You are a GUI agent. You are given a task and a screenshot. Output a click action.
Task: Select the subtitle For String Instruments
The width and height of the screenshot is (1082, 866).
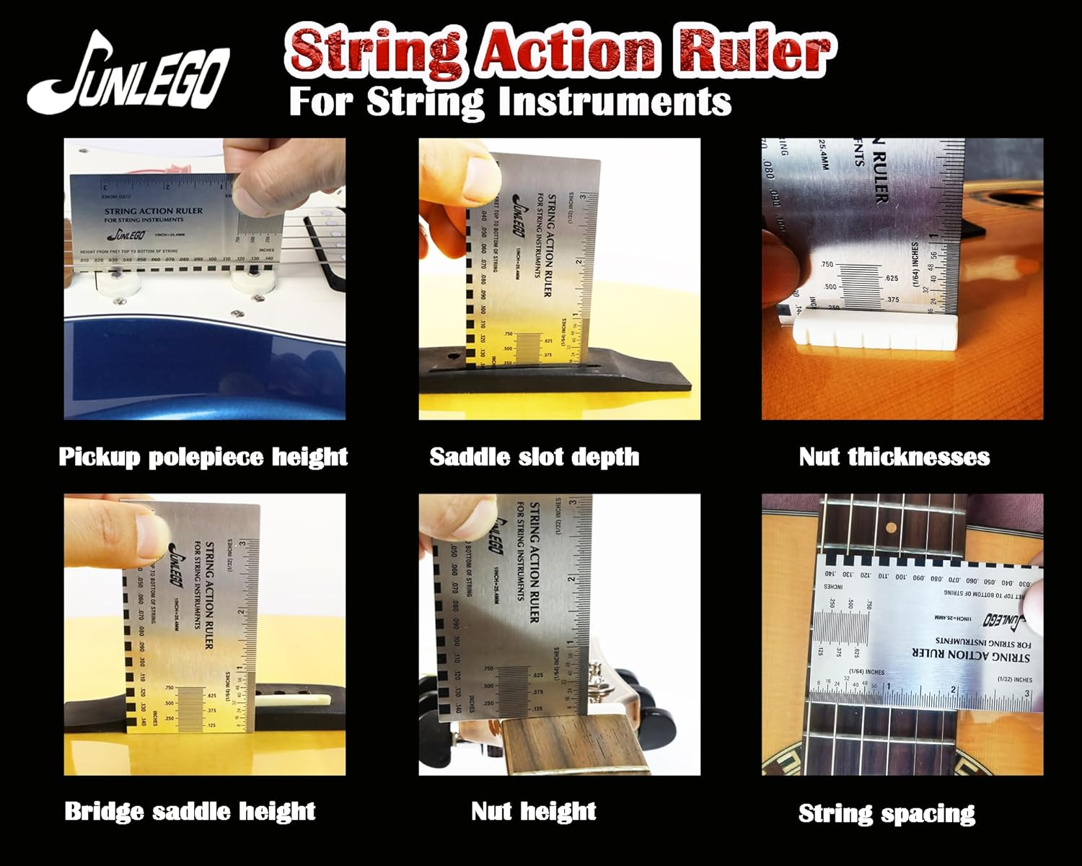(x=510, y=101)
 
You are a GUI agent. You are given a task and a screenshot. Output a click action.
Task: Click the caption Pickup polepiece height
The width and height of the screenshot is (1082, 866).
(x=203, y=457)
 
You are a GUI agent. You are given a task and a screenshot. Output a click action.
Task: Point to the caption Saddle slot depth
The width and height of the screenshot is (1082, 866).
(x=534, y=457)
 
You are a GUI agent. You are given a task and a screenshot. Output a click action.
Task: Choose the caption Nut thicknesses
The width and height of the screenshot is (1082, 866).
(x=894, y=457)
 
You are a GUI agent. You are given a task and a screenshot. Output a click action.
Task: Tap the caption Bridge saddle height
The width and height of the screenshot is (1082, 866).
(x=190, y=811)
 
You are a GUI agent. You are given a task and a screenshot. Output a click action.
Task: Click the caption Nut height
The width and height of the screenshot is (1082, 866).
(x=534, y=811)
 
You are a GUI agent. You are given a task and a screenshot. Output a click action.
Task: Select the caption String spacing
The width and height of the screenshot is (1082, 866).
(x=887, y=813)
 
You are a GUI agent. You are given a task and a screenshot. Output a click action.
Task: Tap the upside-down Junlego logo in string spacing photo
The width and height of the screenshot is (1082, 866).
(x=997, y=619)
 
